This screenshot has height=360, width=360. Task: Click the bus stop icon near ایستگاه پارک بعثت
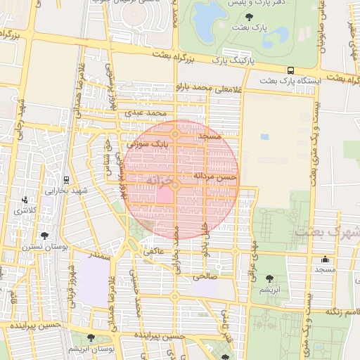coord(290,70)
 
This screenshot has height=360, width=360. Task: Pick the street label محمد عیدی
coord(146,112)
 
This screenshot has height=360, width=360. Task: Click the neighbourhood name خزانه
coord(160,181)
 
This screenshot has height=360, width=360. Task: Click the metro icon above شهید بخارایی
coord(65,179)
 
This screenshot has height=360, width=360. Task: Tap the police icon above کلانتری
coord(26,200)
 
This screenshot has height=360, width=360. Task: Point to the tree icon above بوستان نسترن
coord(45,236)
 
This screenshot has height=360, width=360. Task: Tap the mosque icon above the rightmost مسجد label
coord(325,259)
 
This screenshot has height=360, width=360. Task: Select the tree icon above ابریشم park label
coord(270,279)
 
